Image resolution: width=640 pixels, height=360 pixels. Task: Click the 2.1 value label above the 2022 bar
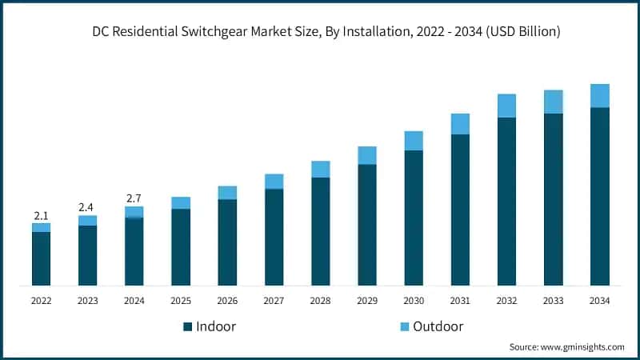click(41, 216)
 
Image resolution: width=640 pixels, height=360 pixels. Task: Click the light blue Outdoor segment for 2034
click(600, 95)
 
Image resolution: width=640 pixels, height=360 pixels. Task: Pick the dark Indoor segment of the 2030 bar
click(414, 218)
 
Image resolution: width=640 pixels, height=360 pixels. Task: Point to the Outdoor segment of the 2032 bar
click(506, 106)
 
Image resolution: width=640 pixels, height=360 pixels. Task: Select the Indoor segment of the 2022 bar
click(41, 258)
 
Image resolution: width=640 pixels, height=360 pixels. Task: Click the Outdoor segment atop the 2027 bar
click(274, 181)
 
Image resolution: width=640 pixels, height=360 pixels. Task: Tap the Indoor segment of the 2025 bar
click(181, 246)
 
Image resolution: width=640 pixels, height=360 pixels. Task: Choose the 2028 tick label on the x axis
click(320, 301)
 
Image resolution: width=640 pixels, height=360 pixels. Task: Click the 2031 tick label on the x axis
click(460, 301)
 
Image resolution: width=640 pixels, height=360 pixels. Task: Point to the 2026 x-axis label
click(227, 301)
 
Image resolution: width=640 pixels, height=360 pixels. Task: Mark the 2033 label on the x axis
click(553, 301)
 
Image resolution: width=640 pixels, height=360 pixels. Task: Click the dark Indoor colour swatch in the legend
click(188, 326)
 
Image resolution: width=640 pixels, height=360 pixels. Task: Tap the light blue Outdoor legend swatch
click(404, 326)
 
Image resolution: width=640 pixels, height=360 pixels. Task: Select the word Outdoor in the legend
click(438, 326)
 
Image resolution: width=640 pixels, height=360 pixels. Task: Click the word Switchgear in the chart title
click(246, 32)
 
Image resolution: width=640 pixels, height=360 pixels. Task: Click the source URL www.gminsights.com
click(582, 347)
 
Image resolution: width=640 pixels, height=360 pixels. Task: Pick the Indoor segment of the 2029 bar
click(366, 225)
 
